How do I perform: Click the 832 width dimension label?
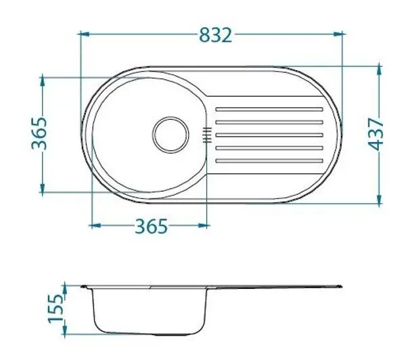pos(215,35)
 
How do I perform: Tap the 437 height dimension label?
pos(376,134)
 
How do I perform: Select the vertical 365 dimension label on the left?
pos(39,133)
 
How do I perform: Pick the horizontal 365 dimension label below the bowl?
pos(152,227)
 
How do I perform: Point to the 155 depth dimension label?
pos(55,308)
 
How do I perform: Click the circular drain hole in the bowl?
pos(171,135)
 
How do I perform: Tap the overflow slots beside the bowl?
pos(207,135)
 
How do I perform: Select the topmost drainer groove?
pos(269,110)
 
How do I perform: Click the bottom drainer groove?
pos(269,161)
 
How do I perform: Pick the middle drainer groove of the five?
pos(269,135)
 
